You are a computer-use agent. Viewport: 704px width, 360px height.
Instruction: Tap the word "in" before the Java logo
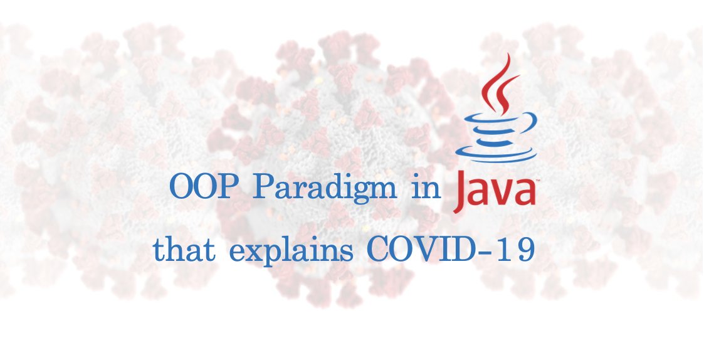tap(426, 188)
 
